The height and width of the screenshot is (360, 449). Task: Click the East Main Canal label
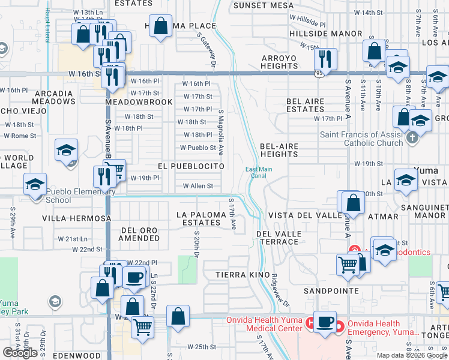pos(259,173)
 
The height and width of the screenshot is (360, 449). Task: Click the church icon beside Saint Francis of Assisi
pos(411,138)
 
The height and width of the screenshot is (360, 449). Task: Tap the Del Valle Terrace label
pos(277,238)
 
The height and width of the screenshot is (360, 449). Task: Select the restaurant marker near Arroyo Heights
pos(325,59)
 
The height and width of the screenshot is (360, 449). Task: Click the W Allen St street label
pos(197,186)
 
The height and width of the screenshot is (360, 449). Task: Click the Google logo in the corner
pos(20,353)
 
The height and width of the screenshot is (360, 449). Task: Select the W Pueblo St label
pos(198,148)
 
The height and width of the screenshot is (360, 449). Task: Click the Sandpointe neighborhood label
pos(331,290)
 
